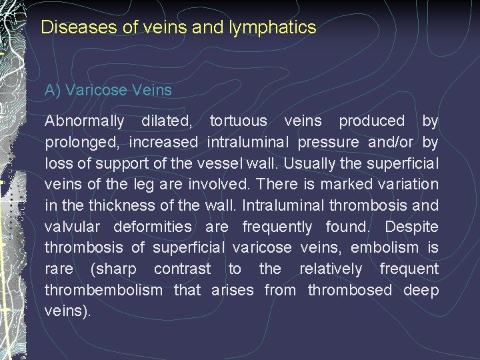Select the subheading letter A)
[x=53, y=90]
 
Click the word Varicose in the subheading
[x=94, y=90]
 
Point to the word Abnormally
[x=84, y=121]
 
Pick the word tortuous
[x=238, y=121]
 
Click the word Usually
[x=317, y=163]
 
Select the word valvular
[x=73, y=227]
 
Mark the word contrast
[x=183, y=269]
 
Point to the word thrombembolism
[x=103, y=290]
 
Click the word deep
[x=421, y=291]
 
